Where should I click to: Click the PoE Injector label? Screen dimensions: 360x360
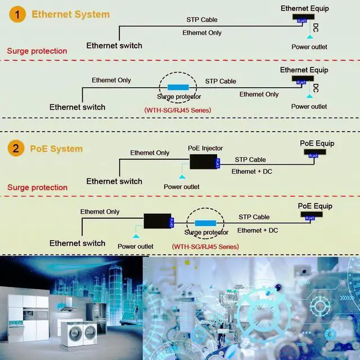click(205, 148)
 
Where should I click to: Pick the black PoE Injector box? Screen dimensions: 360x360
click(203, 162)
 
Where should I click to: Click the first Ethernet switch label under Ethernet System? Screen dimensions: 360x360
click(114, 45)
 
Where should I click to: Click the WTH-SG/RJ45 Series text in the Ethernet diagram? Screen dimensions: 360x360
click(178, 110)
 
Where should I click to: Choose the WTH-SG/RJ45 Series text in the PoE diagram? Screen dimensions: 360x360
click(205, 246)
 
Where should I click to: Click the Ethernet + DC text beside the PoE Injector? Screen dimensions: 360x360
click(252, 171)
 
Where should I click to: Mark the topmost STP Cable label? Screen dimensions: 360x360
click(202, 20)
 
